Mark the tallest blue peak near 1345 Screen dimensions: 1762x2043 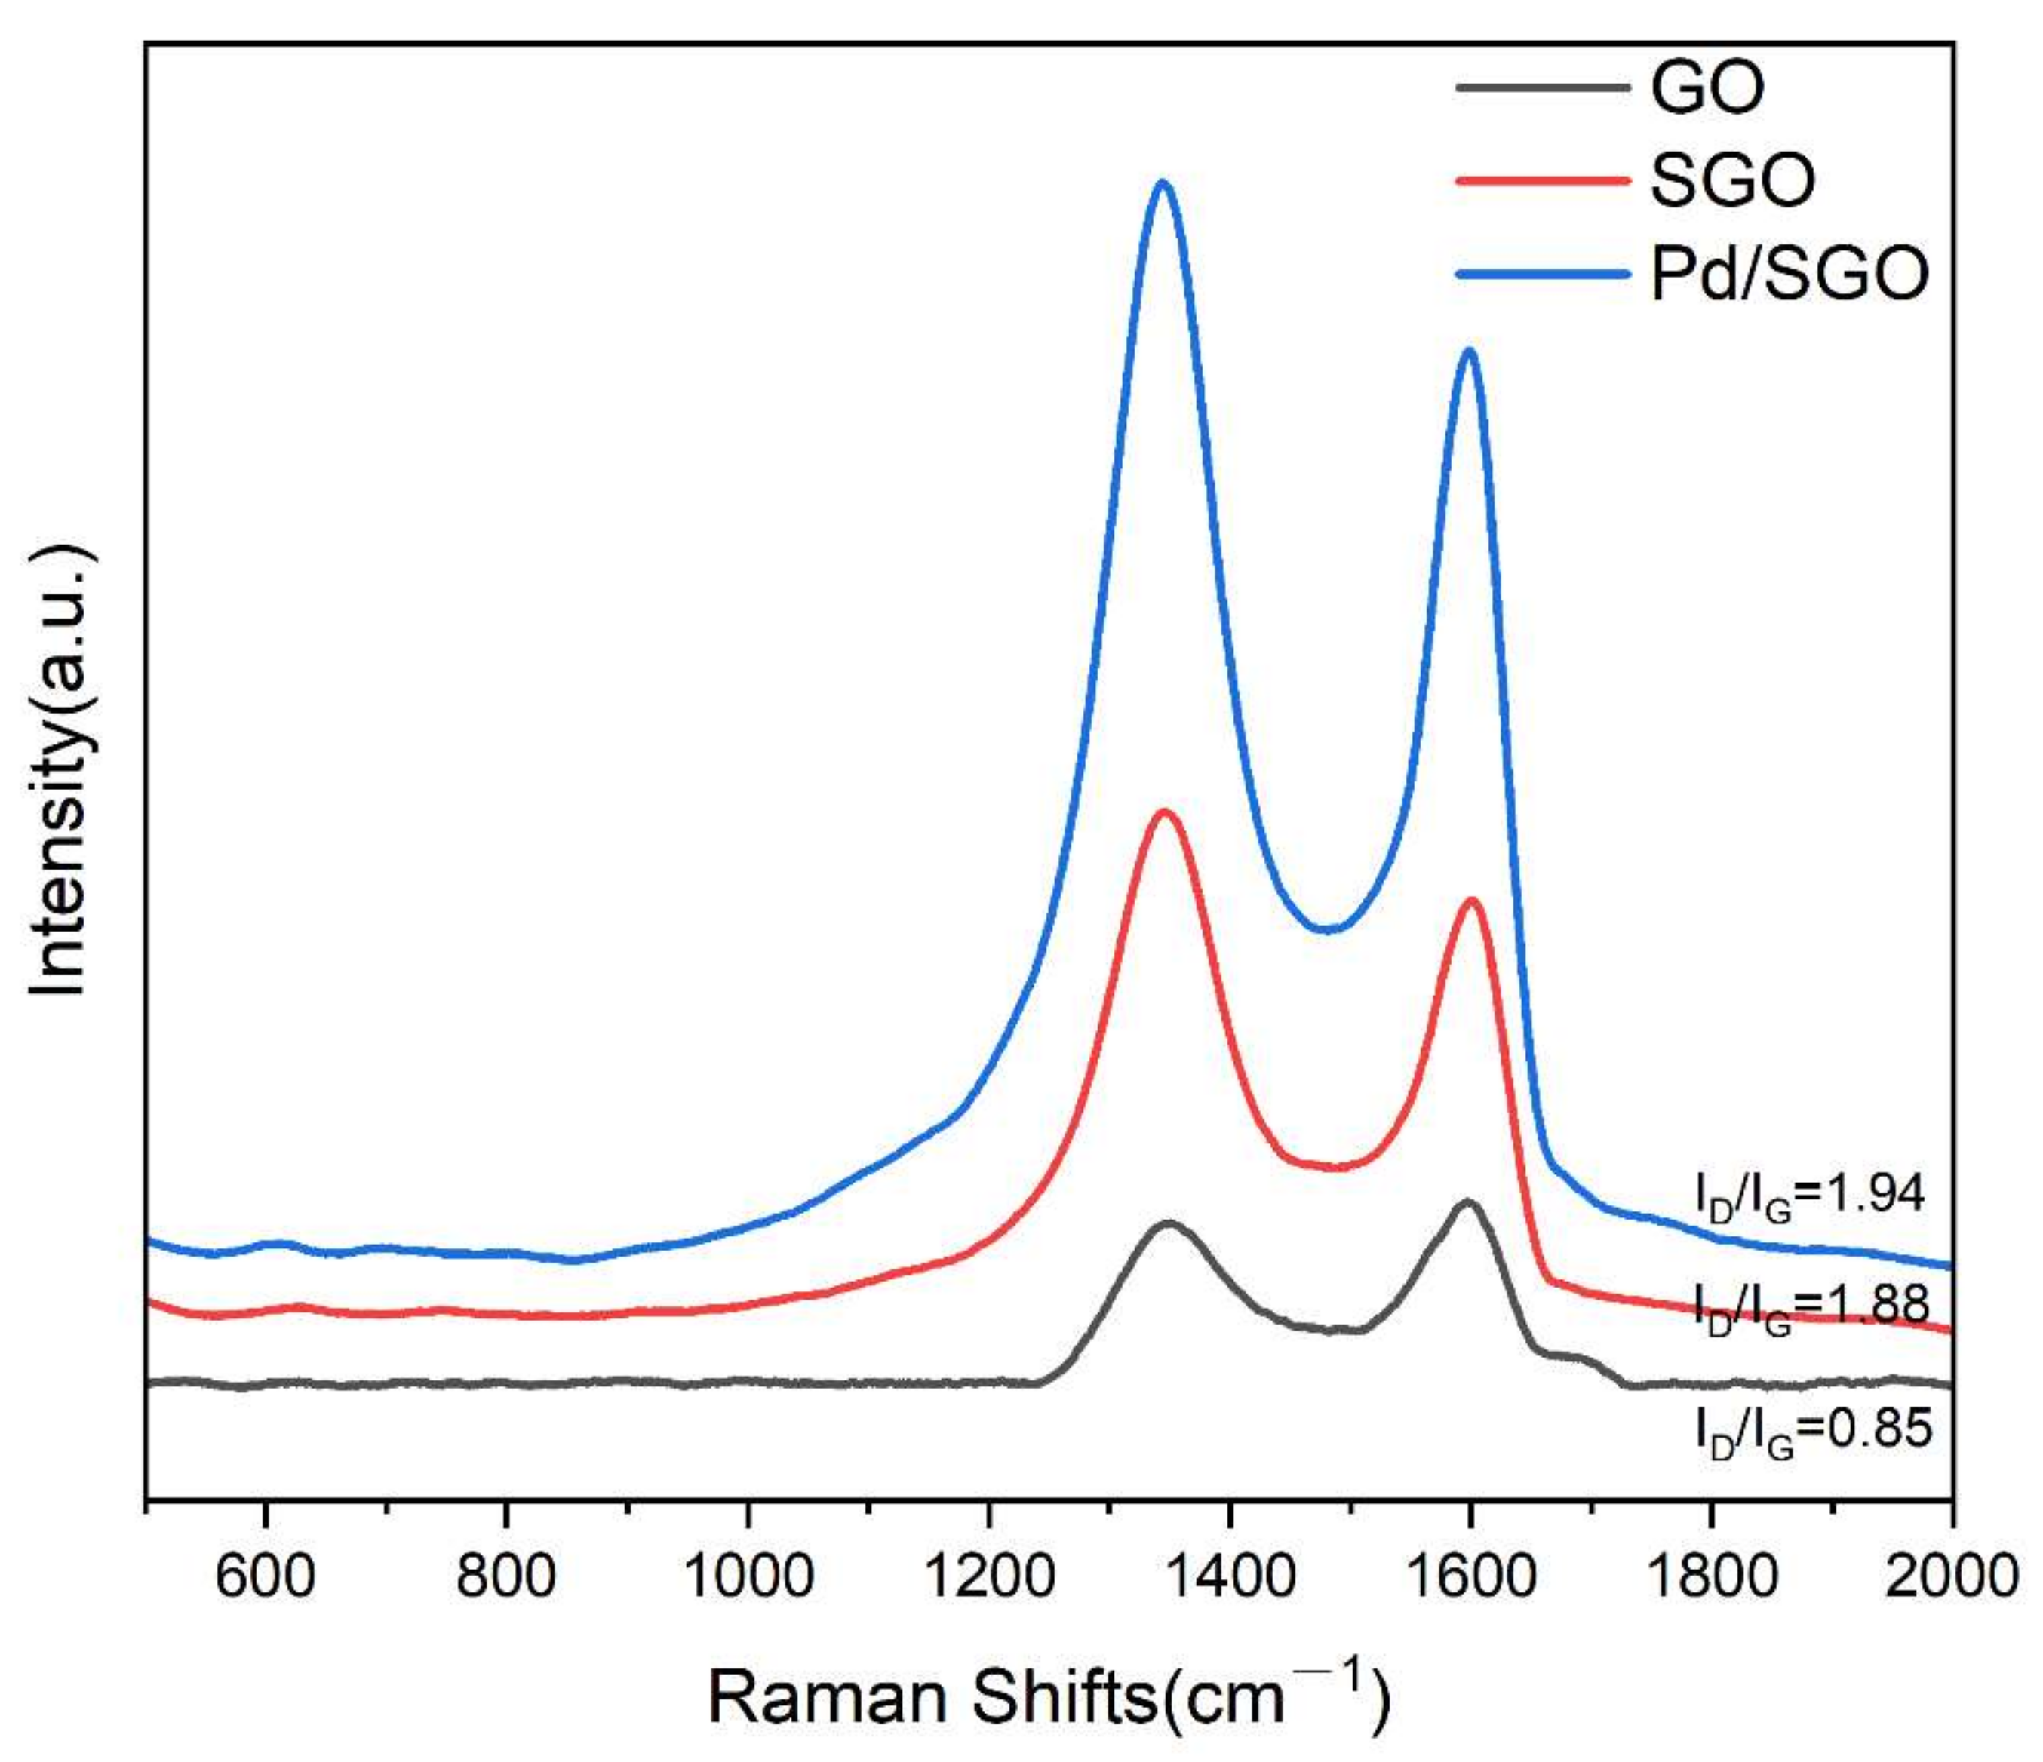point(1163,183)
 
